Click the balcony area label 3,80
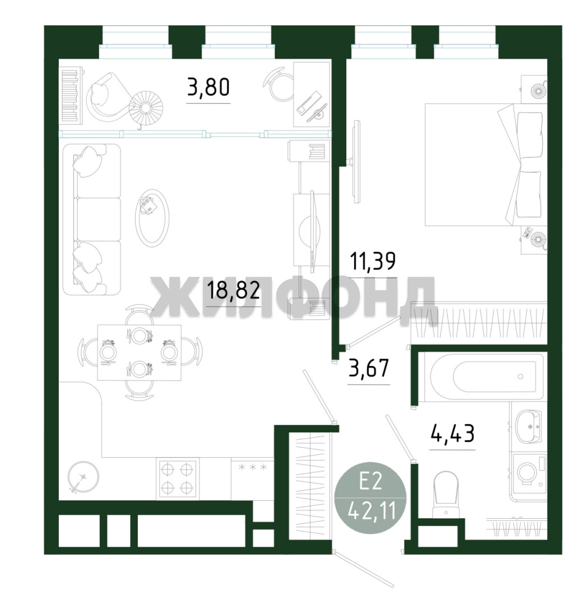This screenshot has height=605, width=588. (x=209, y=87)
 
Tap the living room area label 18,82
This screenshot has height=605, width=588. (x=233, y=290)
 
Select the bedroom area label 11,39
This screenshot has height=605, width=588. (x=373, y=261)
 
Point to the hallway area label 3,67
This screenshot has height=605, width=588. (x=369, y=368)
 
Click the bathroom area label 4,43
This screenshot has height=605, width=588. (x=452, y=433)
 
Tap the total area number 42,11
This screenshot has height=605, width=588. (x=372, y=512)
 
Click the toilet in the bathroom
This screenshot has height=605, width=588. (x=446, y=494)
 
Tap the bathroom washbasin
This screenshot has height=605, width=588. (x=529, y=427)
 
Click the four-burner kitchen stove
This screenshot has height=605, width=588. (x=178, y=479)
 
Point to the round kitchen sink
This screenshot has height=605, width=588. (x=83, y=477)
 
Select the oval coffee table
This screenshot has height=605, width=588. (x=152, y=218)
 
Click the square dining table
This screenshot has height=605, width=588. (x=140, y=353)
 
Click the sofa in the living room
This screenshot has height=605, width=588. (x=91, y=220)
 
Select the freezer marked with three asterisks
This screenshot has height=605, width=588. (x=252, y=479)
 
